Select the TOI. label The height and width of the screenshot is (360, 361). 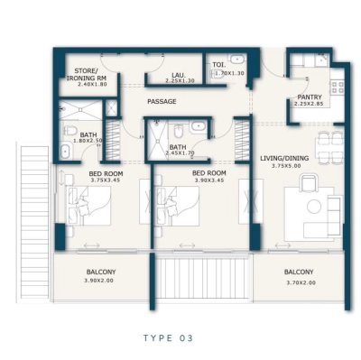(219, 64)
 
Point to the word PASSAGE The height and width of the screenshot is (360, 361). (162, 102)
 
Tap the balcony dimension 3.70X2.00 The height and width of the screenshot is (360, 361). (299, 282)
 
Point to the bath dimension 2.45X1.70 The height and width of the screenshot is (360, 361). (178, 154)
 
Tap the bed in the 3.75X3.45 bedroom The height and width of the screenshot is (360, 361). (88, 208)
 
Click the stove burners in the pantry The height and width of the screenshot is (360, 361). (336, 88)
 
